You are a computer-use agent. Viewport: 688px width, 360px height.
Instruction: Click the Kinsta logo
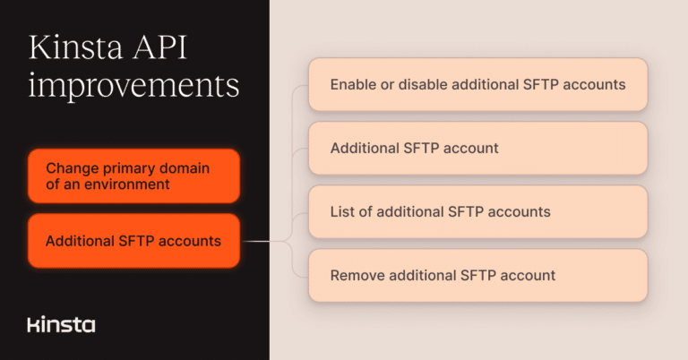pyautogui.click(x=61, y=324)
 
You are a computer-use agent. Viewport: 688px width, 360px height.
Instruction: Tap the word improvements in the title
pyautogui.click(x=134, y=86)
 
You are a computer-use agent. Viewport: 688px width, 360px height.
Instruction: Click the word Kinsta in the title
pyautogui.click(x=77, y=48)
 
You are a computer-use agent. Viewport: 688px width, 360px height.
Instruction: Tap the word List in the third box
pyautogui.click(x=342, y=212)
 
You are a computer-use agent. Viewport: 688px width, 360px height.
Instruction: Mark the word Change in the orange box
pyautogui.click(x=70, y=167)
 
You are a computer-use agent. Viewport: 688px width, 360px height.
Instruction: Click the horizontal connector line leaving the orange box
pyautogui.click(x=260, y=241)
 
